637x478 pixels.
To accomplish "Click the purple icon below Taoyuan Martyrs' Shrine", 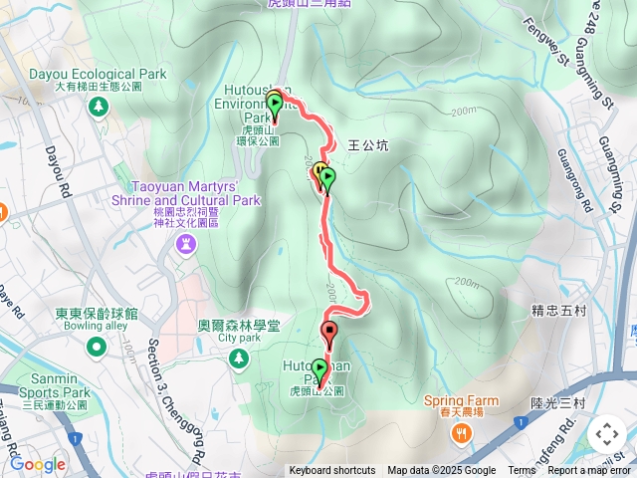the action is (186, 243).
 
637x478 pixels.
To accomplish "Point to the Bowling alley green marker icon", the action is (97, 347).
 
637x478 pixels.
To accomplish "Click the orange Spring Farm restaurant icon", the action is (461, 432).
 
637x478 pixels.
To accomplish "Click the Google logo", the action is (38, 464).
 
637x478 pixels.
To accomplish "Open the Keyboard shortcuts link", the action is (332, 471).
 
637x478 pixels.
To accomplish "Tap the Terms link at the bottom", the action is (522, 471).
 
